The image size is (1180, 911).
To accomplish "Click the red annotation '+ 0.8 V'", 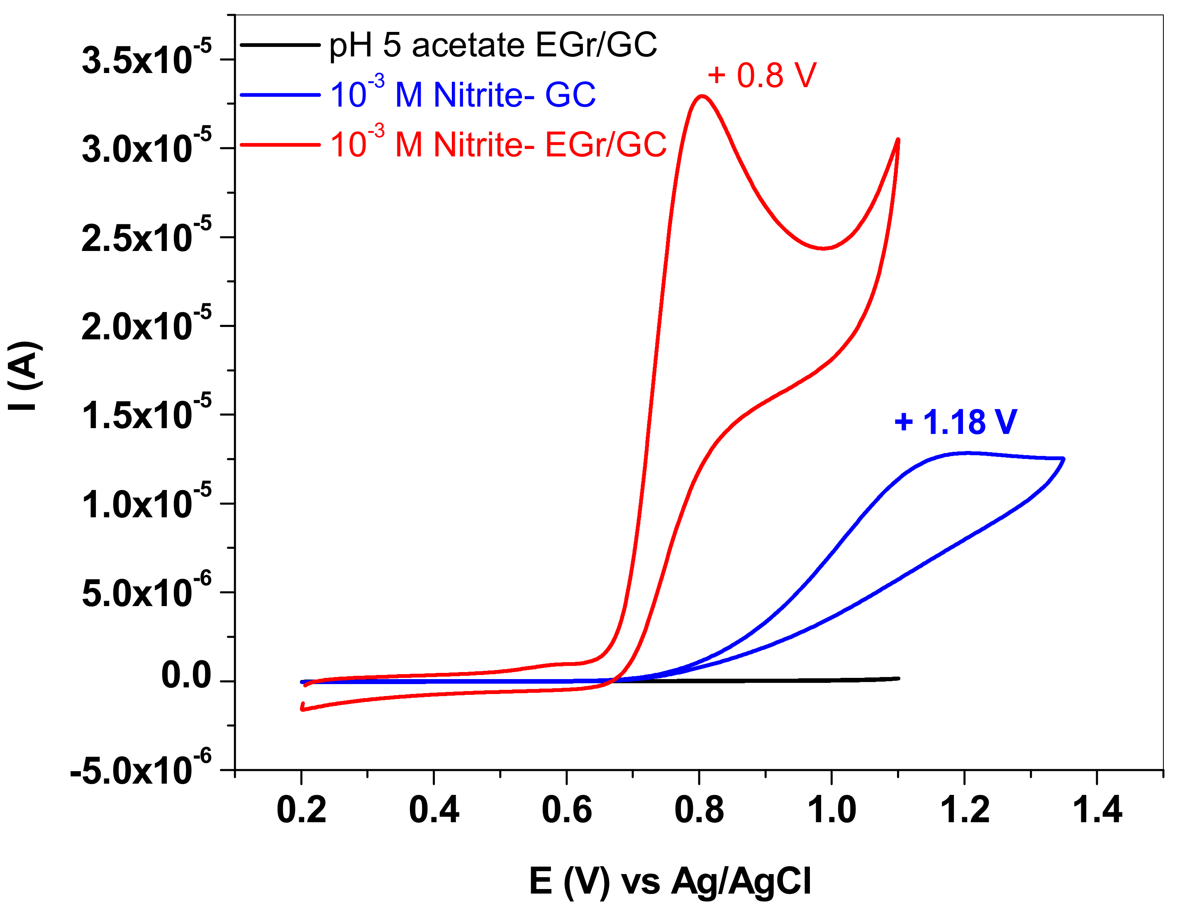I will tap(761, 75).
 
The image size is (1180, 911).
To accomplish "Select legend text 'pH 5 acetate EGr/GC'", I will tap(493, 45).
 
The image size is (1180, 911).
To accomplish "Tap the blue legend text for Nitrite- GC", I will tap(463, 95).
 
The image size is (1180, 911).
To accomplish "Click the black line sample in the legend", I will tap(280, 45).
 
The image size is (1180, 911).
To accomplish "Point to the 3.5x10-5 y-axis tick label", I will tap(146, 58).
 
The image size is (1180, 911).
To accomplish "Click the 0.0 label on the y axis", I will tap(186, 675).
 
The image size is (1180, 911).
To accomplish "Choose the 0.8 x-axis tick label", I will tap(699, 811).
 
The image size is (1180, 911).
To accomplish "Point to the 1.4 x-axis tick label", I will tap(1096, 811).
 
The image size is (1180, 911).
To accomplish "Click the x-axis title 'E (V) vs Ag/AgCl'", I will tap(670, 881).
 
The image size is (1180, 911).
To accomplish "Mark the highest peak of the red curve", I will tap(702, 96).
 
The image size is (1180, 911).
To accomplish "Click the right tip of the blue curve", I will tap(1063, 459).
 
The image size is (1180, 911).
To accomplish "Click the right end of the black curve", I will tap(899, 678).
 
